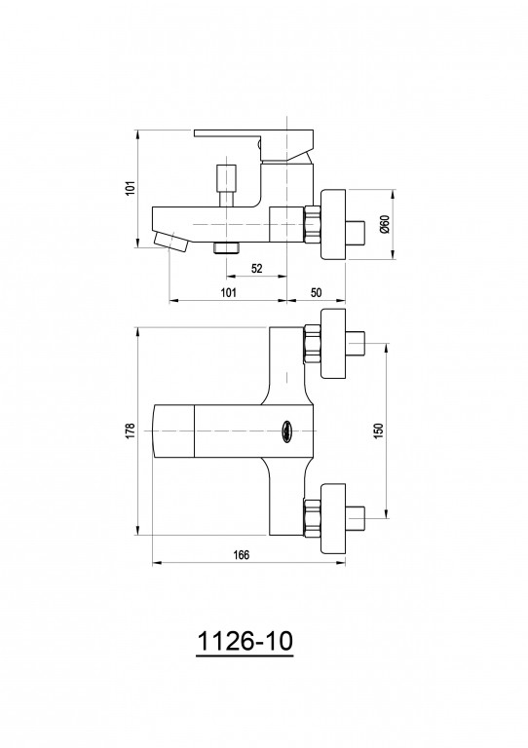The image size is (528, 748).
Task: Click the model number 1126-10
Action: coord(245,641)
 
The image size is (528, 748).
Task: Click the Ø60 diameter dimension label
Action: coord(386,224)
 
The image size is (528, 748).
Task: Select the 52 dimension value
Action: coord(256,268)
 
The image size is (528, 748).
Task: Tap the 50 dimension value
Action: coord(316,292)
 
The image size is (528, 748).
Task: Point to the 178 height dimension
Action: coord(132,430)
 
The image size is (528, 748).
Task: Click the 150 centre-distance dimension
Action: coord(379,430)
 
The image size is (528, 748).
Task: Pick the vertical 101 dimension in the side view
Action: coord(132,187)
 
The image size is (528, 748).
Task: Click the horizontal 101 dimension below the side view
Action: coord(229,292)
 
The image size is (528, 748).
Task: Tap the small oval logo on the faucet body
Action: coord(286,429)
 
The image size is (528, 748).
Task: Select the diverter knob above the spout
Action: coord(227,185)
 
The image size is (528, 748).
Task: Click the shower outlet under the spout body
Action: coord(227,248)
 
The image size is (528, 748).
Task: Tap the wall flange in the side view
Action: coord(333,225)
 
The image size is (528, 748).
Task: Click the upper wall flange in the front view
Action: coord(333,344)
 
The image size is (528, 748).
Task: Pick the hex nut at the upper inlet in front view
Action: coord(312,344)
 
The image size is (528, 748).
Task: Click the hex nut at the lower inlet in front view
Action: coord(312,518)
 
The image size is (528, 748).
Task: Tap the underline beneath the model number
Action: coord(245,656)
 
